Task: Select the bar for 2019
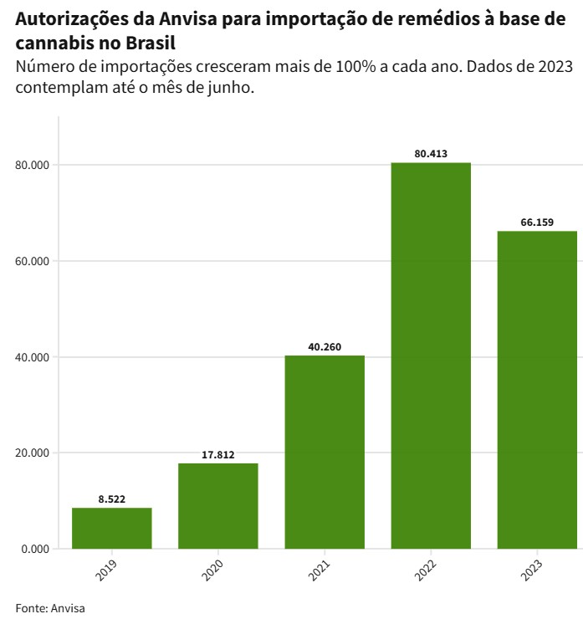click(x=111, y=528)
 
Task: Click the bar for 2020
click(x=217, y=506)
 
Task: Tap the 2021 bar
click(x=325, y=452)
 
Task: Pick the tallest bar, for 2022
click(x=431, y=355)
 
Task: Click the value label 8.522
click(x=111, y=499)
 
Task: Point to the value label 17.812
click(x=217, y=455)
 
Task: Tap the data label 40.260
click(x=325, y=347)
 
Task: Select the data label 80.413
click(x=431, y=154)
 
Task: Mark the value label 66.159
click(x=537, y=222)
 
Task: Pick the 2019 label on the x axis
click(x=106, y=571)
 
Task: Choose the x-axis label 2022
click(x=426, y=571)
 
